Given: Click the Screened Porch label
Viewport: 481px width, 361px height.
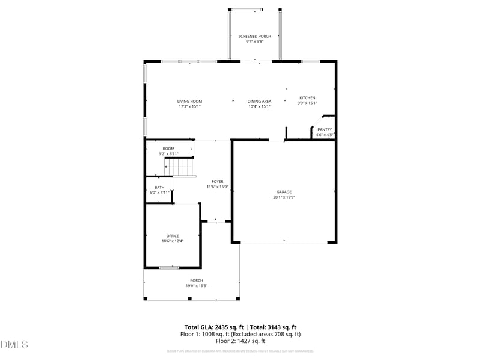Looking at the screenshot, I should point(254,36).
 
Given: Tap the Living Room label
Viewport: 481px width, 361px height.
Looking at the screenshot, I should point(189,101).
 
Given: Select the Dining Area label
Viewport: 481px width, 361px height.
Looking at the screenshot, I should point(260,101).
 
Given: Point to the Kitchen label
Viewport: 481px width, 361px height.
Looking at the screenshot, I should point(307,98).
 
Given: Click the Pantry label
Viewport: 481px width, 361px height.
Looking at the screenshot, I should point(325,129).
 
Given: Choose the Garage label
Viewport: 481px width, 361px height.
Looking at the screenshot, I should point(284,192).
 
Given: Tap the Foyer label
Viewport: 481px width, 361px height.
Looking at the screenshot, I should point(217,181).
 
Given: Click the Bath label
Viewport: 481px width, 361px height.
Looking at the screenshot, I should point(159,187).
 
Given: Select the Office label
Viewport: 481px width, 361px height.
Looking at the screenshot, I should point(173,236).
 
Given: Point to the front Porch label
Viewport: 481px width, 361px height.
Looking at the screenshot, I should point(197,280).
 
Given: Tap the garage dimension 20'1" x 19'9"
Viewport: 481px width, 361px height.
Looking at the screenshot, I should point(284,197).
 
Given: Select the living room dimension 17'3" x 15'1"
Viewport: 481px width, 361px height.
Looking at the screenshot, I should point(189,106).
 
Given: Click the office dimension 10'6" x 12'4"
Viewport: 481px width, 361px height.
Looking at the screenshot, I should point(173,241).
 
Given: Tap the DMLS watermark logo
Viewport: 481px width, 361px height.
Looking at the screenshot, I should point(14,345).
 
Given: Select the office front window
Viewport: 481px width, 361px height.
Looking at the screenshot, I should point(169,267).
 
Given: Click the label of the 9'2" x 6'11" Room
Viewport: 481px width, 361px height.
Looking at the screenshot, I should point(168,149).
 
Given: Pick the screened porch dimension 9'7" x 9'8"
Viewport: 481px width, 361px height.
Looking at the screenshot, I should point(254,42).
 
